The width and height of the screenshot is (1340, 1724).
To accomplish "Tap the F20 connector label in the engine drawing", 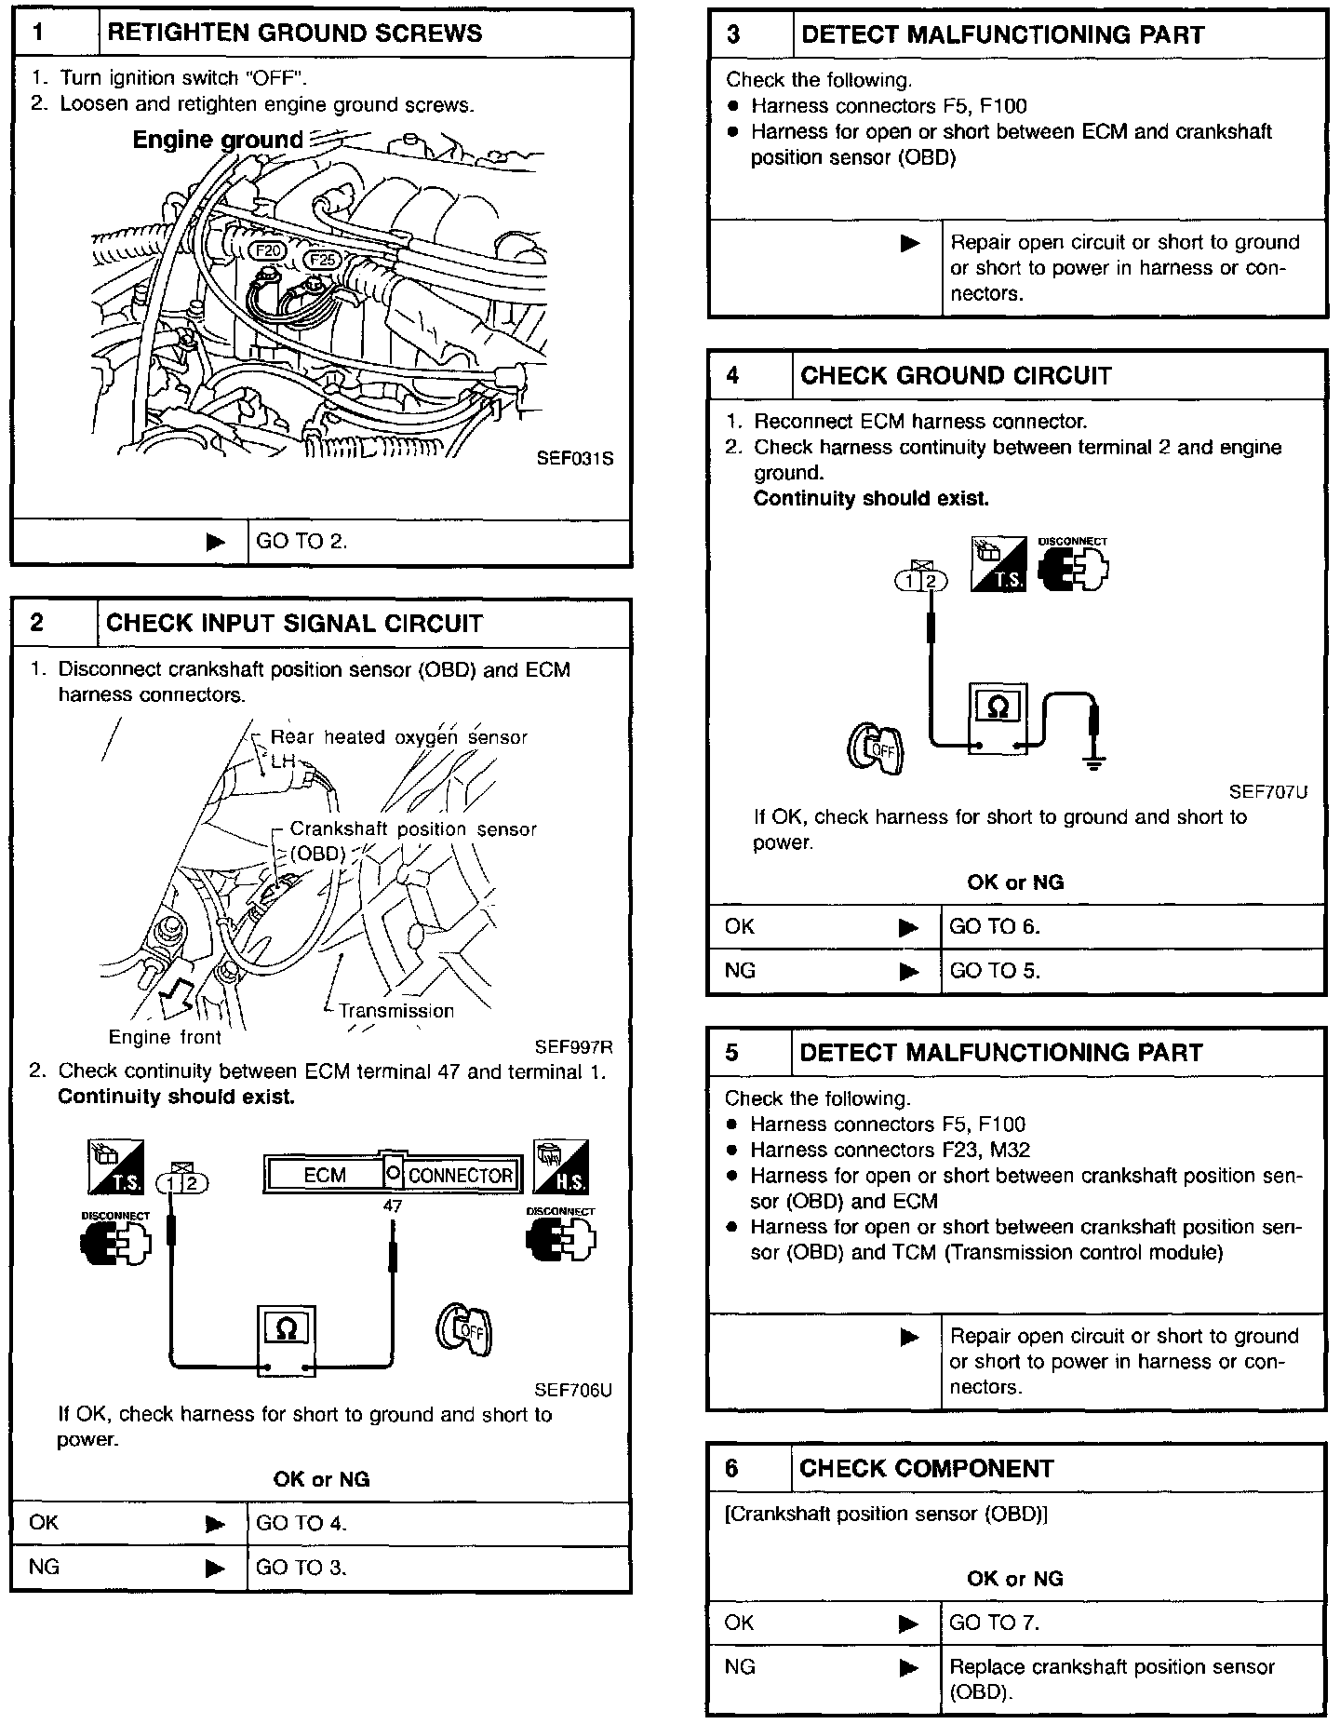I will [270, 251].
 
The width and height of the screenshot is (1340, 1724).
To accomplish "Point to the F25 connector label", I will [324, 260].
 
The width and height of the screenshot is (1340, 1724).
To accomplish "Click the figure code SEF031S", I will [575, 459].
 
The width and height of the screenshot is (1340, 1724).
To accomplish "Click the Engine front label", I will [165, 1037].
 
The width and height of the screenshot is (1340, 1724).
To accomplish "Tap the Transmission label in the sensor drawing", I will [396, 1011].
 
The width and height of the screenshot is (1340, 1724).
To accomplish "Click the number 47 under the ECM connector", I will [393, 1206].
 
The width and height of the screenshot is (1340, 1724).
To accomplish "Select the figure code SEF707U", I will [1267, 792].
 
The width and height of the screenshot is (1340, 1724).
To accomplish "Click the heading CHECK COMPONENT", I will [926, 1469].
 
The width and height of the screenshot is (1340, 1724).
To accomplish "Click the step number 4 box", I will [733, 375].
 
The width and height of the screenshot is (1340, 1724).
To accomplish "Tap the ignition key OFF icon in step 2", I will [464, 1329].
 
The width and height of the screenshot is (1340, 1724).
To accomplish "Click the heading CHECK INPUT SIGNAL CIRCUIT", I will [294, 624].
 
